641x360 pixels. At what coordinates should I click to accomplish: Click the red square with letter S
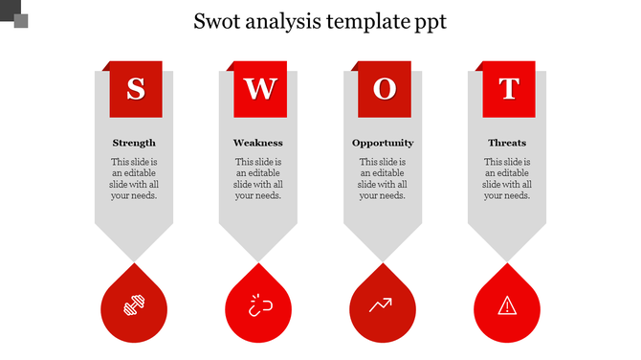point(135,88)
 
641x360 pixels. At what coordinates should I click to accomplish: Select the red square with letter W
point(259,88)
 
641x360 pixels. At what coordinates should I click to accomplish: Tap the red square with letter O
point(384,88)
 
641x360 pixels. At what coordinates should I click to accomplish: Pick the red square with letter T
point(508,88)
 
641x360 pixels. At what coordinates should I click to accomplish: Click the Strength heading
point(134,143)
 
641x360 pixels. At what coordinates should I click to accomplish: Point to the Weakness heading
point(258,143)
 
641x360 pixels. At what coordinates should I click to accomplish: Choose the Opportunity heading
point(383,143)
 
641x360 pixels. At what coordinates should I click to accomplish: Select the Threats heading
point(507,143)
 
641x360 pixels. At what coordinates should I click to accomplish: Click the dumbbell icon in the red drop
point(134,305)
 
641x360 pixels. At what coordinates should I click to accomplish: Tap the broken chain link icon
point(258,305)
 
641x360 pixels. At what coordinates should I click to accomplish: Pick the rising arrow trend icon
point(383,305)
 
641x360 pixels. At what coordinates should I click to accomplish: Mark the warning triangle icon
point(507,305)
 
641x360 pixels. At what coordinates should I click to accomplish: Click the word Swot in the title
point(217,20)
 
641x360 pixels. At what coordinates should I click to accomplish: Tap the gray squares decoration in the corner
point(15,15)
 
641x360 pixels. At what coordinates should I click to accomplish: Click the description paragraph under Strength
point(134,179)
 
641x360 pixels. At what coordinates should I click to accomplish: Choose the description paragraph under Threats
point(507,179)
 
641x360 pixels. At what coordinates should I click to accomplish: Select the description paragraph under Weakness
point(258,179)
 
